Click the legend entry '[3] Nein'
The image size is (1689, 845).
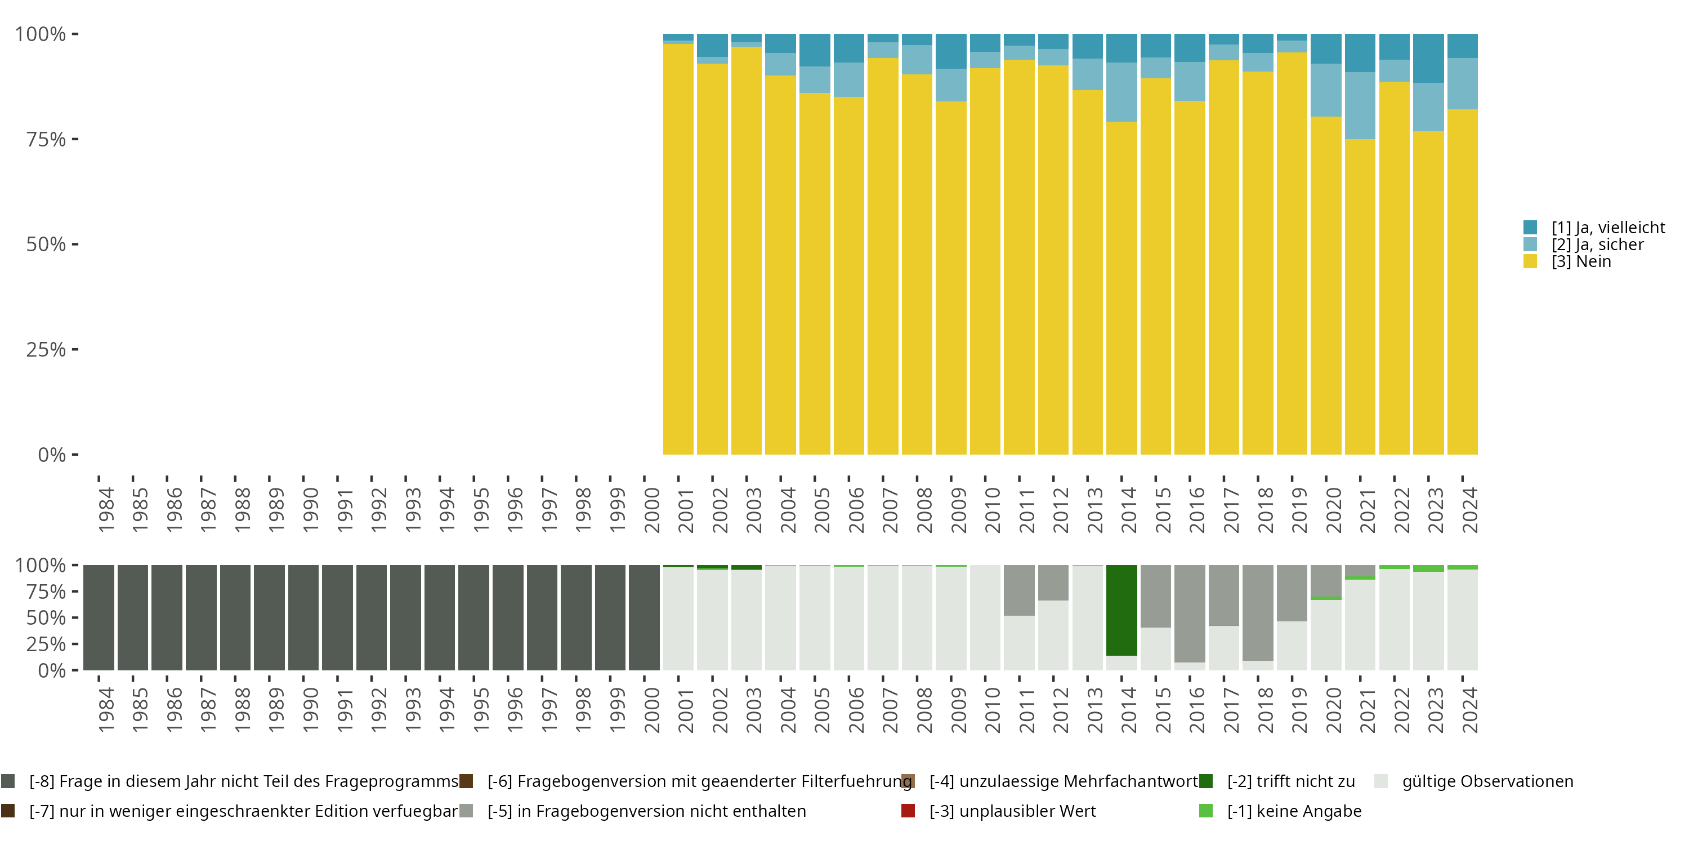point(1581,262)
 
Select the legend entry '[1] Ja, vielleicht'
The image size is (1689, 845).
point(1608,228)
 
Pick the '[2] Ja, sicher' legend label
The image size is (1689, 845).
point(1597,244)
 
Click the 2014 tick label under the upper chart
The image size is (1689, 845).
point(1128,510)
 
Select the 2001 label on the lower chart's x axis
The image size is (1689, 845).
point(685,710)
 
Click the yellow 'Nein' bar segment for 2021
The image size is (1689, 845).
point(1360,295)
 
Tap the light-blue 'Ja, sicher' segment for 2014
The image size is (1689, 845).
point(1121,92)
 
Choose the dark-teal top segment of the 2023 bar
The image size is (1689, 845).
point(1428,57)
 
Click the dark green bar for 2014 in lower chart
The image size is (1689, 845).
point(1121,610)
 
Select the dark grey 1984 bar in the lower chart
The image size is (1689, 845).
point(99,617)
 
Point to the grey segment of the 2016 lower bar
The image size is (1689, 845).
point(1190,613)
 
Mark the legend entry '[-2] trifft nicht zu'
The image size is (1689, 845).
point(1290,781)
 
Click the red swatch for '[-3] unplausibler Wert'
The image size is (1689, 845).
point(908,811)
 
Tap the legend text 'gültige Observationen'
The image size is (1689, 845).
point(1487,781)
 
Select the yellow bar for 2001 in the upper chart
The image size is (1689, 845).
point(678,250)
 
